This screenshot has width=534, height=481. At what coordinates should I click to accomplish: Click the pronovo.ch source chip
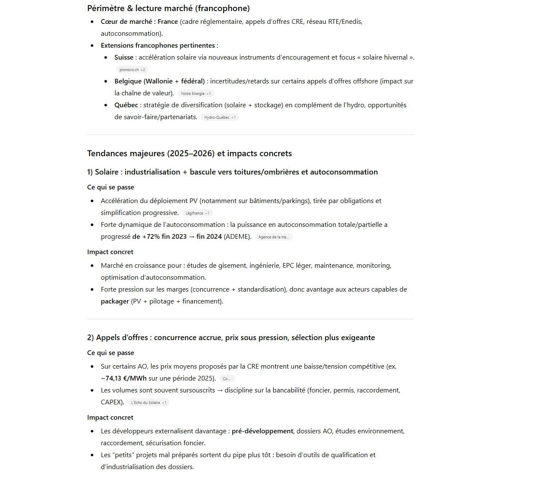pyautogui.click(x=132, y=69)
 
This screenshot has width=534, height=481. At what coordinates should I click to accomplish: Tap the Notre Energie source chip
pyautogui.click(x=196, y=93)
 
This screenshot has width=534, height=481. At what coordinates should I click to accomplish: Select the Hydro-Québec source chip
pyautogui.click(x=219, y=117)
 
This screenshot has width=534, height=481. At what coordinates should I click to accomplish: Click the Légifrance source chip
pyautogui.click(x=197, y=213)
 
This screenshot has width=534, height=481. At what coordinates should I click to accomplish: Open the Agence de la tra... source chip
pyautogui.click(x=274, y=237)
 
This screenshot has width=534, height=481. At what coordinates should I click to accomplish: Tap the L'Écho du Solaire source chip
pyautogui.click(x=148, y=402)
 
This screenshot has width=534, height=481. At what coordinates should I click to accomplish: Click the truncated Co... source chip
pyautogui.click(x=227, y=378)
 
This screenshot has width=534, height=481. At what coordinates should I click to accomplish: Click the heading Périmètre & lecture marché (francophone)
pyautogui.click(x=168, y=8)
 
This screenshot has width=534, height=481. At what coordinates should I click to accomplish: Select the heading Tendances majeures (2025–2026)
pyautogui.click(x=189, y=153)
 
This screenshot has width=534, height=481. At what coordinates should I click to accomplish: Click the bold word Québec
pyautogui.click(x=126, y=105)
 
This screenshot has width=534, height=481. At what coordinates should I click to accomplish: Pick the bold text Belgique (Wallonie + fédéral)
pyautogui.click(x=159, y=81)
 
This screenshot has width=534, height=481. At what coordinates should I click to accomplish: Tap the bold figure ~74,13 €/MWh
pyautogui.click(x=124, y=378)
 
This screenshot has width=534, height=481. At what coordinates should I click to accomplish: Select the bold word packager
pyautogui.click(x=115, y=301)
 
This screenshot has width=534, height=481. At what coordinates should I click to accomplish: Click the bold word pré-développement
pyautogui.click(x=262, y=431)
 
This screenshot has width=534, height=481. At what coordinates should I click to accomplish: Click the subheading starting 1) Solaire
pyautogui.click(x=232, y=172)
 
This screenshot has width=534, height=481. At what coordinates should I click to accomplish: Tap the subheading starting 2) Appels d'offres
pyautogui.click(x=231, y=337)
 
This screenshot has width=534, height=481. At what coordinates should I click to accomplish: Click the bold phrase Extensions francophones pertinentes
pyautogui.click(x=158, y=45)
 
